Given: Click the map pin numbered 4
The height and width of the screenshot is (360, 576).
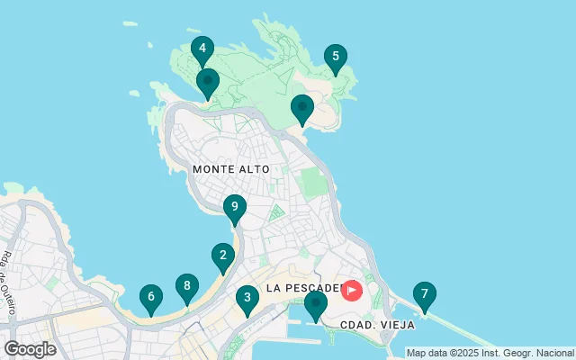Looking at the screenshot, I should [x=202, y=49].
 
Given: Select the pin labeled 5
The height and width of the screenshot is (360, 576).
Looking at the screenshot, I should [x=336, y=58].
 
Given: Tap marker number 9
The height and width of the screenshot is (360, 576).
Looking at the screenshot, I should [x=234, y=208].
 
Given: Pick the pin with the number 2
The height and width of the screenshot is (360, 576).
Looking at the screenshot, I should [x=223, y=256].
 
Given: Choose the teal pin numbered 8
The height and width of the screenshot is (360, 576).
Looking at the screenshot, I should [x=186, y=287].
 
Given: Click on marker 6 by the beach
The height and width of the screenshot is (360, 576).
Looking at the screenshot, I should [x=151, y=297].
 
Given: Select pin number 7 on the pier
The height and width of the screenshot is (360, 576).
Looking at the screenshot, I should [x=424, y=294].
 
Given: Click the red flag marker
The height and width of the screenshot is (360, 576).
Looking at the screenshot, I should [x=351, y=290].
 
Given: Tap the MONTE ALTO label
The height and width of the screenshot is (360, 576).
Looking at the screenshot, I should [x=226, y=169].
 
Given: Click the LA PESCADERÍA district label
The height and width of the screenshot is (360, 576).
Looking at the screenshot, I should [x=301, y=289].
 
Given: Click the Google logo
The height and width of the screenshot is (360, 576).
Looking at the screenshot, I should [x=30, y=349].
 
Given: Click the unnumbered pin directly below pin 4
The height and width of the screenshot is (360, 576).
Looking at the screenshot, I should [x=208, y=82].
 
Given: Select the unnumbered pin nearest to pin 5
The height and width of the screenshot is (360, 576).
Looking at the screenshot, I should [x=302, y=108].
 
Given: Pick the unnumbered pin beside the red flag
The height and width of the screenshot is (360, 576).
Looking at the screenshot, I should [x=315, y=304].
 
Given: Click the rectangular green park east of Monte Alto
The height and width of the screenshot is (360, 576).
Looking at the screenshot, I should [x=311, y=183].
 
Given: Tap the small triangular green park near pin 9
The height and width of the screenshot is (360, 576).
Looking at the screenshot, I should [x=276, y=213].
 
